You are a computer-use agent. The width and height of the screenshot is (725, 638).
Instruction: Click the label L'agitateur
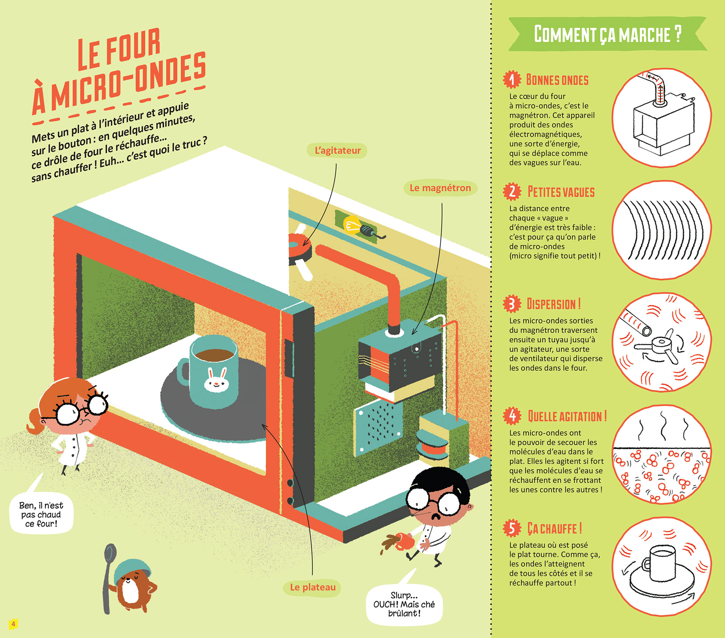click(x=337, y=151)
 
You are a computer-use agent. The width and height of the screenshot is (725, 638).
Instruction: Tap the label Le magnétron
click(x=440, y=188)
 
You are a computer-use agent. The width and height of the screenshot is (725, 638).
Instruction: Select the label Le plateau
click(x=313, y=587)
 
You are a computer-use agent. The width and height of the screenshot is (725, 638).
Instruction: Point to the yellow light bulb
click(x=351, y=225)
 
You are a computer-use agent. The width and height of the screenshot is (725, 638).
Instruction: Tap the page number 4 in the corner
click(x=13, y=624)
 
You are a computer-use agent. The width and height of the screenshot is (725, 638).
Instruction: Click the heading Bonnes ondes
click(x=557, y=80)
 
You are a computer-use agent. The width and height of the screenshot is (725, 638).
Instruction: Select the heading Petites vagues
click(x=561, y=192)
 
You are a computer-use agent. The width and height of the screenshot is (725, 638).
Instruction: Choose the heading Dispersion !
click(x=554, y=304)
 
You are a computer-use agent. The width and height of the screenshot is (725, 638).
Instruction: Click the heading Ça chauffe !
click(x=554, y=529)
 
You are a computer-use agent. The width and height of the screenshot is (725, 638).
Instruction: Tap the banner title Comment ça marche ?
click(x=607, y=34)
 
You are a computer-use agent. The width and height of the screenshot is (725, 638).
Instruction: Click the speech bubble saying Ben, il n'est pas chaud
click(x=41, y=514)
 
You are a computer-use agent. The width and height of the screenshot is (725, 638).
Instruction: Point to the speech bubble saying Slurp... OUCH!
click(x=404, y=604)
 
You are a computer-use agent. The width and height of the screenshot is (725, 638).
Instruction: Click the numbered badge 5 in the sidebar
click(x=512, y=528)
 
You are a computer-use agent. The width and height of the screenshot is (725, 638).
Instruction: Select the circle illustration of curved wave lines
click(x=662, y=230)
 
